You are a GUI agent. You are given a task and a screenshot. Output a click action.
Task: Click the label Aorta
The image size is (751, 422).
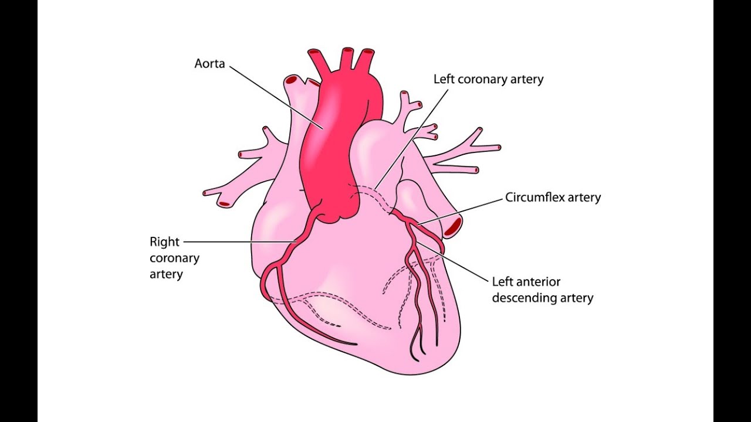tap(209, 63)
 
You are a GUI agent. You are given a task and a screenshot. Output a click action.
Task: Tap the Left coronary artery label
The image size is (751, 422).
tap(488, 79)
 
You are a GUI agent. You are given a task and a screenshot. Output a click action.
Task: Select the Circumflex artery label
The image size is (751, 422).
tap(553, 198)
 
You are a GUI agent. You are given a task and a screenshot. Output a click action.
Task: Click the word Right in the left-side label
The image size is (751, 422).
tap(164, 241)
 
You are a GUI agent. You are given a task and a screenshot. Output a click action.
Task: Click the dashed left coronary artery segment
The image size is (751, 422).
tap(375, 193)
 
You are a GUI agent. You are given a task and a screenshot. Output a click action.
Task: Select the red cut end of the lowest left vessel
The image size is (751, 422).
tap(225, 204)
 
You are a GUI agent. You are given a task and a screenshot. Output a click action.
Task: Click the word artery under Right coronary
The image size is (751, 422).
tap(166, 274)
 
